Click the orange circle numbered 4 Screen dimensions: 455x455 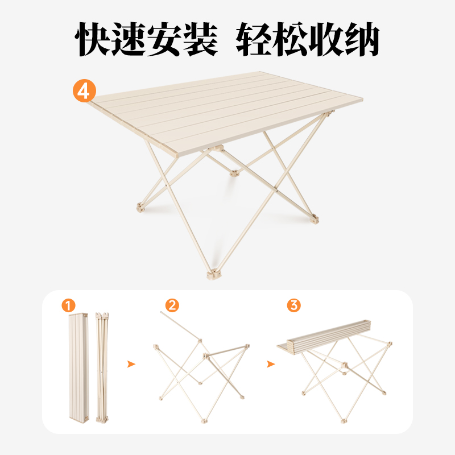pos(84,90)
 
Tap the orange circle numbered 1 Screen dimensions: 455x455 pos(68,305)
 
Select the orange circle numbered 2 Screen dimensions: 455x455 pos(172,305)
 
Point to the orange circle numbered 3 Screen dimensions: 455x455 pos(293,305)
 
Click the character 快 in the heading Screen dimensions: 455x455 pos(95,39)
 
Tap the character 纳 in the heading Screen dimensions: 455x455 pos(361,39)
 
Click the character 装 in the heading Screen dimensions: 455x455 pos(201,39)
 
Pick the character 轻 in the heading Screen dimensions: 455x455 pos(254,39)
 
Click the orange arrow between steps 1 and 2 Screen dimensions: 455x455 pos(131,364)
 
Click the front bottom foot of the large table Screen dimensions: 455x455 pos(212,276)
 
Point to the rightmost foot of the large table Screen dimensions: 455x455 pos(315,218)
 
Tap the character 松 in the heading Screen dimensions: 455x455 pos(289,39)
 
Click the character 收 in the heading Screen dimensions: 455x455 pos(325,39)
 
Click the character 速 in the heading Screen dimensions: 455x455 pos(130,39)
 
